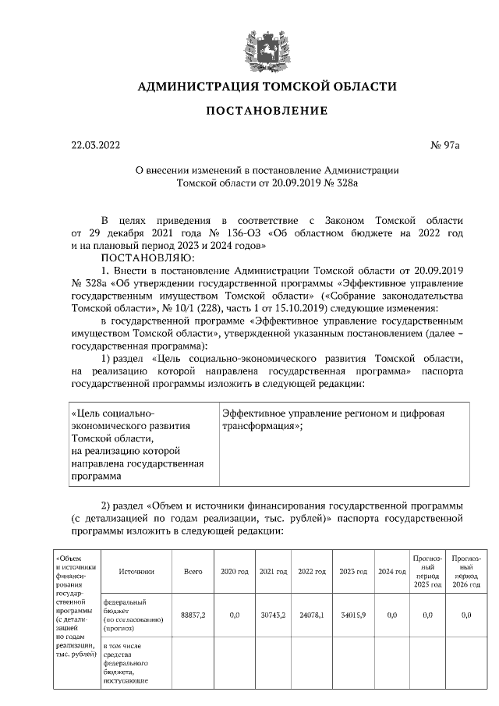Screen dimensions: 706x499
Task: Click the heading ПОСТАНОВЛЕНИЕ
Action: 267,111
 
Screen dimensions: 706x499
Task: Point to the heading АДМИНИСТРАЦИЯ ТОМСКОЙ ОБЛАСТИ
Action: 267,87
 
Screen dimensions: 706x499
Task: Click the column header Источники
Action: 136,572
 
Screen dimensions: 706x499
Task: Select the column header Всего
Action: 193,572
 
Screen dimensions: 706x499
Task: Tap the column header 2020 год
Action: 234,572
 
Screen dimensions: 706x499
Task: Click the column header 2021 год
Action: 273,572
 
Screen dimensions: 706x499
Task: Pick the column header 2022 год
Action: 312,572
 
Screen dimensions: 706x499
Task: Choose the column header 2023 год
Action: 353,572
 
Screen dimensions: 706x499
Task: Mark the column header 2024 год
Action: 392,572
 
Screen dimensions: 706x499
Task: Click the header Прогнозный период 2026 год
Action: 465,572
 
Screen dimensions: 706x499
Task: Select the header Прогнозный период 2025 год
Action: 427,572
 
